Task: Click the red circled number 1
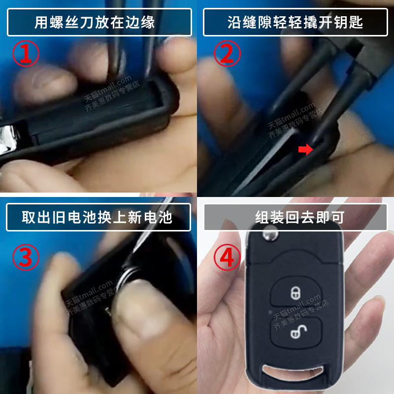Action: click(x=26, y=54)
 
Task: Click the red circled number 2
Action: click(x=227, y=54)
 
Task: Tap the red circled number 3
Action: click(x=26, y=257)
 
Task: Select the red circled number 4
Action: click(x=227, y=257)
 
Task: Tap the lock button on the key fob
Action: click(x=295, y=292)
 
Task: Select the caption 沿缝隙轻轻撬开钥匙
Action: click(x=295, y=22)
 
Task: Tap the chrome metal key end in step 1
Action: click(x=11, y=140)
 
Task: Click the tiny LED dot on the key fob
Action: click(x=270, y=312)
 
